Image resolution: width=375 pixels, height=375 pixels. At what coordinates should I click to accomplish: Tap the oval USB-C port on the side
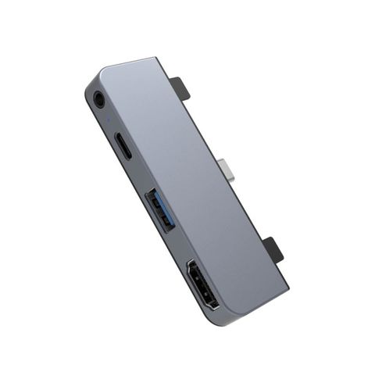(124, 146)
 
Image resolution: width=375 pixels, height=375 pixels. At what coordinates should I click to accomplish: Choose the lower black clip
(276, 250)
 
